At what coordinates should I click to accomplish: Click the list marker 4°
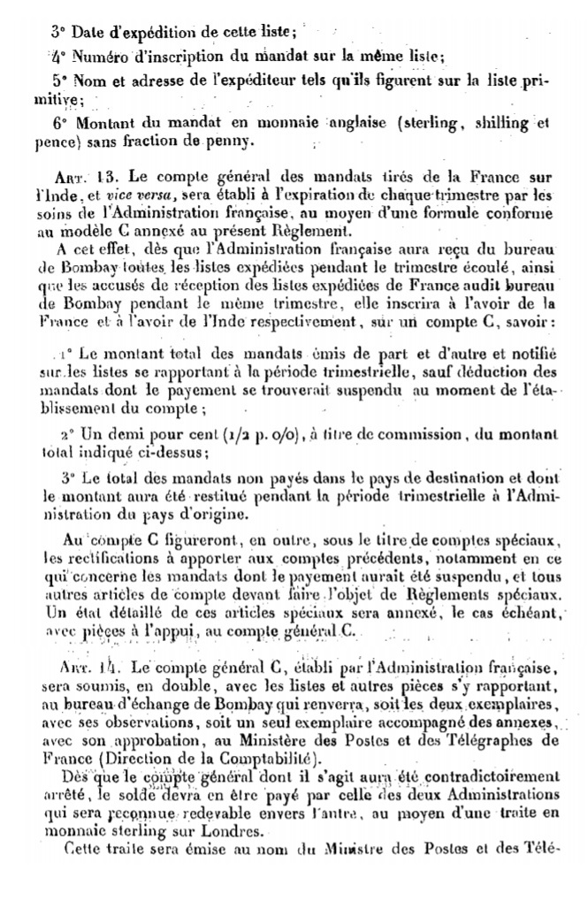pos(58,53)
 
